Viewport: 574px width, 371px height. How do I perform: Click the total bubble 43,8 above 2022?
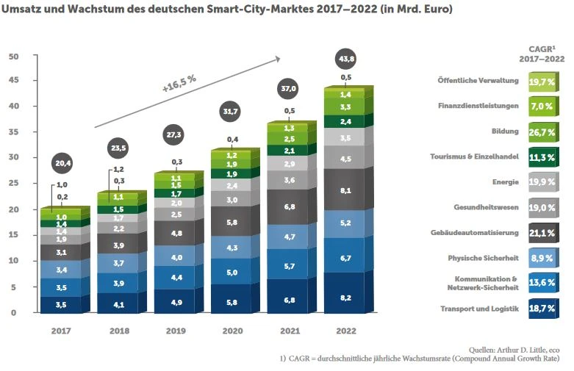[345, 58]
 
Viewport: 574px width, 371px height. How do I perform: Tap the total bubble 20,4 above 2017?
[62, 162]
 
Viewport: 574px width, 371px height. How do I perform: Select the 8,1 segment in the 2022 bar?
[345, 190]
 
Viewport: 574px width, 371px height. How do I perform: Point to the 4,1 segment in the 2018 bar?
[119, 303]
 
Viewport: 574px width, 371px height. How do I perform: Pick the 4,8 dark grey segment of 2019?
[176, 233]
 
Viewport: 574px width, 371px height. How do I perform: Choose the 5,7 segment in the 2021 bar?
[289, 265]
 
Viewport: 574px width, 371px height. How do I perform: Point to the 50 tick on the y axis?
[14, 57]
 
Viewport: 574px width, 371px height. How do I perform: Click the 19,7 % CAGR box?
[541, 82]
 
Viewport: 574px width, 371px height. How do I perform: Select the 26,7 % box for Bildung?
[541, 132]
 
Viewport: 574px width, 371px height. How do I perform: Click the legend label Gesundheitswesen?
[486, 208]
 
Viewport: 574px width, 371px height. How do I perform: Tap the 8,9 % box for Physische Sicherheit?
[541, 258]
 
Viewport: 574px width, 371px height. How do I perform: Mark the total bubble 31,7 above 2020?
[232, 112]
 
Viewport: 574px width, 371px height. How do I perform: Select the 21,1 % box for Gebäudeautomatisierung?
[541, 233]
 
